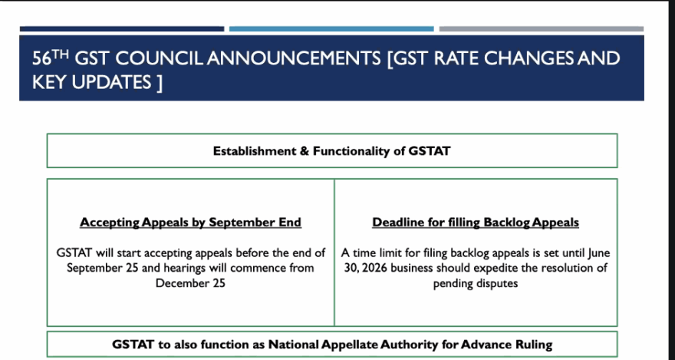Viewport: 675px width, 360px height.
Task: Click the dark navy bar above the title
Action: pyautogui.click(x=122, y=29)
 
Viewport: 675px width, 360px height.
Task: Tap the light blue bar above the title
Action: pyautogui.click(x=331, y=29)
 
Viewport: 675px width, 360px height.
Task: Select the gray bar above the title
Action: pyautogui.click(x=542, y=29)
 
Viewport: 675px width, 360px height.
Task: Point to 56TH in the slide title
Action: pyautogui.click(x=51, y=58)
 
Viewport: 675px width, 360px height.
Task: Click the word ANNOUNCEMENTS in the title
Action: pyautogui.click(x=294, y=58)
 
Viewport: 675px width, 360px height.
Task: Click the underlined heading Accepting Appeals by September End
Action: pyautogui.click(x=191, y=222)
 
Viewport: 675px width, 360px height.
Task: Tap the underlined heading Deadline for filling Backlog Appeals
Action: pyautogui.click(x=476, y=222)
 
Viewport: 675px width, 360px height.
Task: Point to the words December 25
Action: pyautogui.click(x=190, y=283)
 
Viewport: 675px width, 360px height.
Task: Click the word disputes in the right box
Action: pyautogui.click(x=497, y=283)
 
